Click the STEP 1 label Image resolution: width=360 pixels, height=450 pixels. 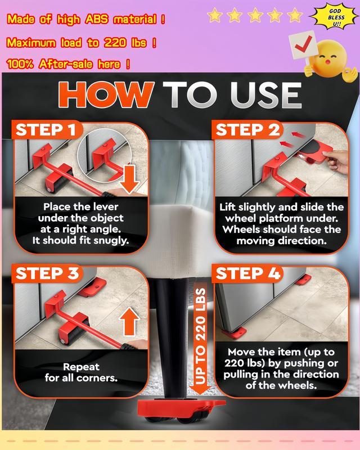[46, 130]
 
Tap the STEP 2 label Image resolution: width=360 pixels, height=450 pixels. [247, 130]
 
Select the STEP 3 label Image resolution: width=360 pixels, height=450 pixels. [47, 273]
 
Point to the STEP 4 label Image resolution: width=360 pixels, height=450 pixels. [248, 273]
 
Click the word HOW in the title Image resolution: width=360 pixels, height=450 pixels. [106, 94]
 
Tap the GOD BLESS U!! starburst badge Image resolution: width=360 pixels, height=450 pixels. [334, 17]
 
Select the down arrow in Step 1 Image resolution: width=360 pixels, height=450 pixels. [129, 178]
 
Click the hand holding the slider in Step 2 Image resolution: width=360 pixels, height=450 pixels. [337, 161]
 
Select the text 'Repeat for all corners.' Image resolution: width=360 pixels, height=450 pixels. [81, 372]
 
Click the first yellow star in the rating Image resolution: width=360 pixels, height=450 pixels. [215, 15]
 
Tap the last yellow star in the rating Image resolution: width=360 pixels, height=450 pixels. [295, 15]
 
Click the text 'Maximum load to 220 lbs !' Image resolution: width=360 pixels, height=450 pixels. [82, 43]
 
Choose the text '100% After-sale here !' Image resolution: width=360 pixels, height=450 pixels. [68, 64]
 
